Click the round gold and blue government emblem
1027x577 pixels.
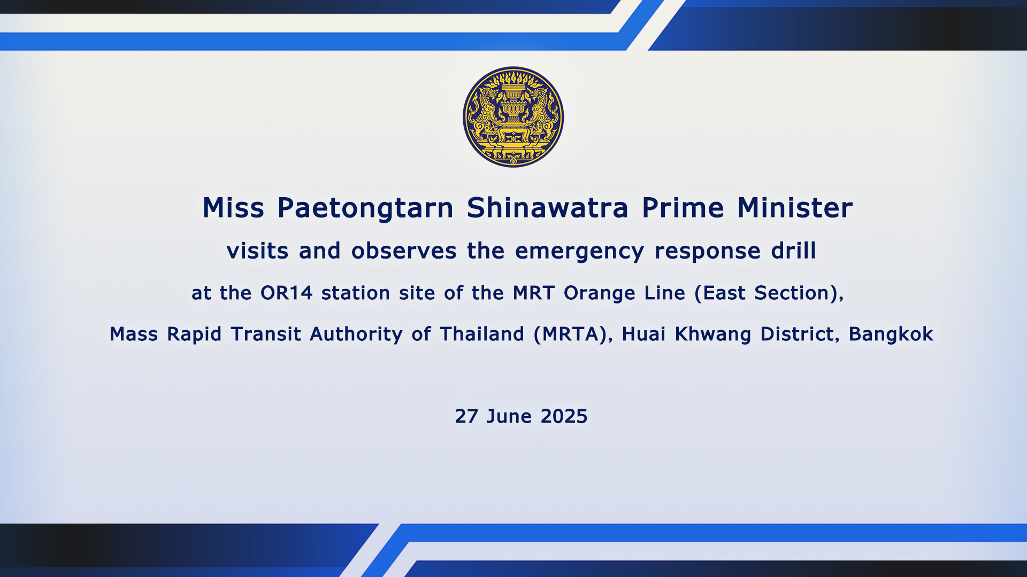click(x=513, y=117)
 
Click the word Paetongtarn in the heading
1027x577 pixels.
click(x=365, y=208)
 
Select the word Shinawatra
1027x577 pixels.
click(x=547, y=207)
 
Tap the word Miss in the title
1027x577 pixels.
click(x=233, y=207)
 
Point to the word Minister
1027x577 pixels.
click(x=795, y=207)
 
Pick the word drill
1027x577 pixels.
click(x=793, y=250)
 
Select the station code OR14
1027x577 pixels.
click(x=286, y=293)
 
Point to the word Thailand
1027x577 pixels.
click(x=481, y=334)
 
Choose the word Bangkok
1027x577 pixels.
click(x=891, y=334)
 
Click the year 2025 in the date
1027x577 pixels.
click(x=564, y=416)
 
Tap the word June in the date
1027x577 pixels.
click(x=509, y=416)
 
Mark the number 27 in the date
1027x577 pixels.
click(x=466, y=416)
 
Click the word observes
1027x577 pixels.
click(x=404, y=250)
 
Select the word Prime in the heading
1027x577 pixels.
click(x=683, y=207)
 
